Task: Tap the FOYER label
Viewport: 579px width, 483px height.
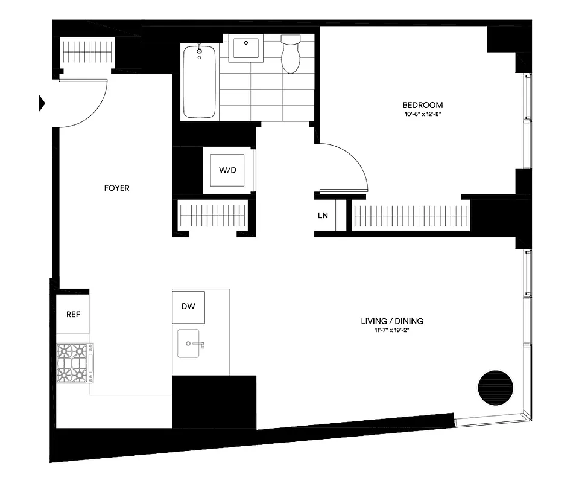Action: coord(116,188)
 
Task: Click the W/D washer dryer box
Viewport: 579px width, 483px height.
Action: coord(227,171)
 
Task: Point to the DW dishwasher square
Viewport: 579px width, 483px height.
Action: coord(188,307)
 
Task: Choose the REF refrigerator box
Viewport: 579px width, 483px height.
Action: coord(73,314)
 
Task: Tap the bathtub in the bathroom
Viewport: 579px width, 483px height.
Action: coord(199,82)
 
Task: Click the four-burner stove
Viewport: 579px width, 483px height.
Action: coord(74,363)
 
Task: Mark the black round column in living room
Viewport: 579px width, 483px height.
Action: coord(495,387)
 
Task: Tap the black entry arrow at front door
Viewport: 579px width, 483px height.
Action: coord(42,103)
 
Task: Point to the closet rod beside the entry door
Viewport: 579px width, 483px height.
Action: coord(89,53)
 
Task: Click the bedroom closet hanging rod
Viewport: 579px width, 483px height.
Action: coord(411,216)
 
